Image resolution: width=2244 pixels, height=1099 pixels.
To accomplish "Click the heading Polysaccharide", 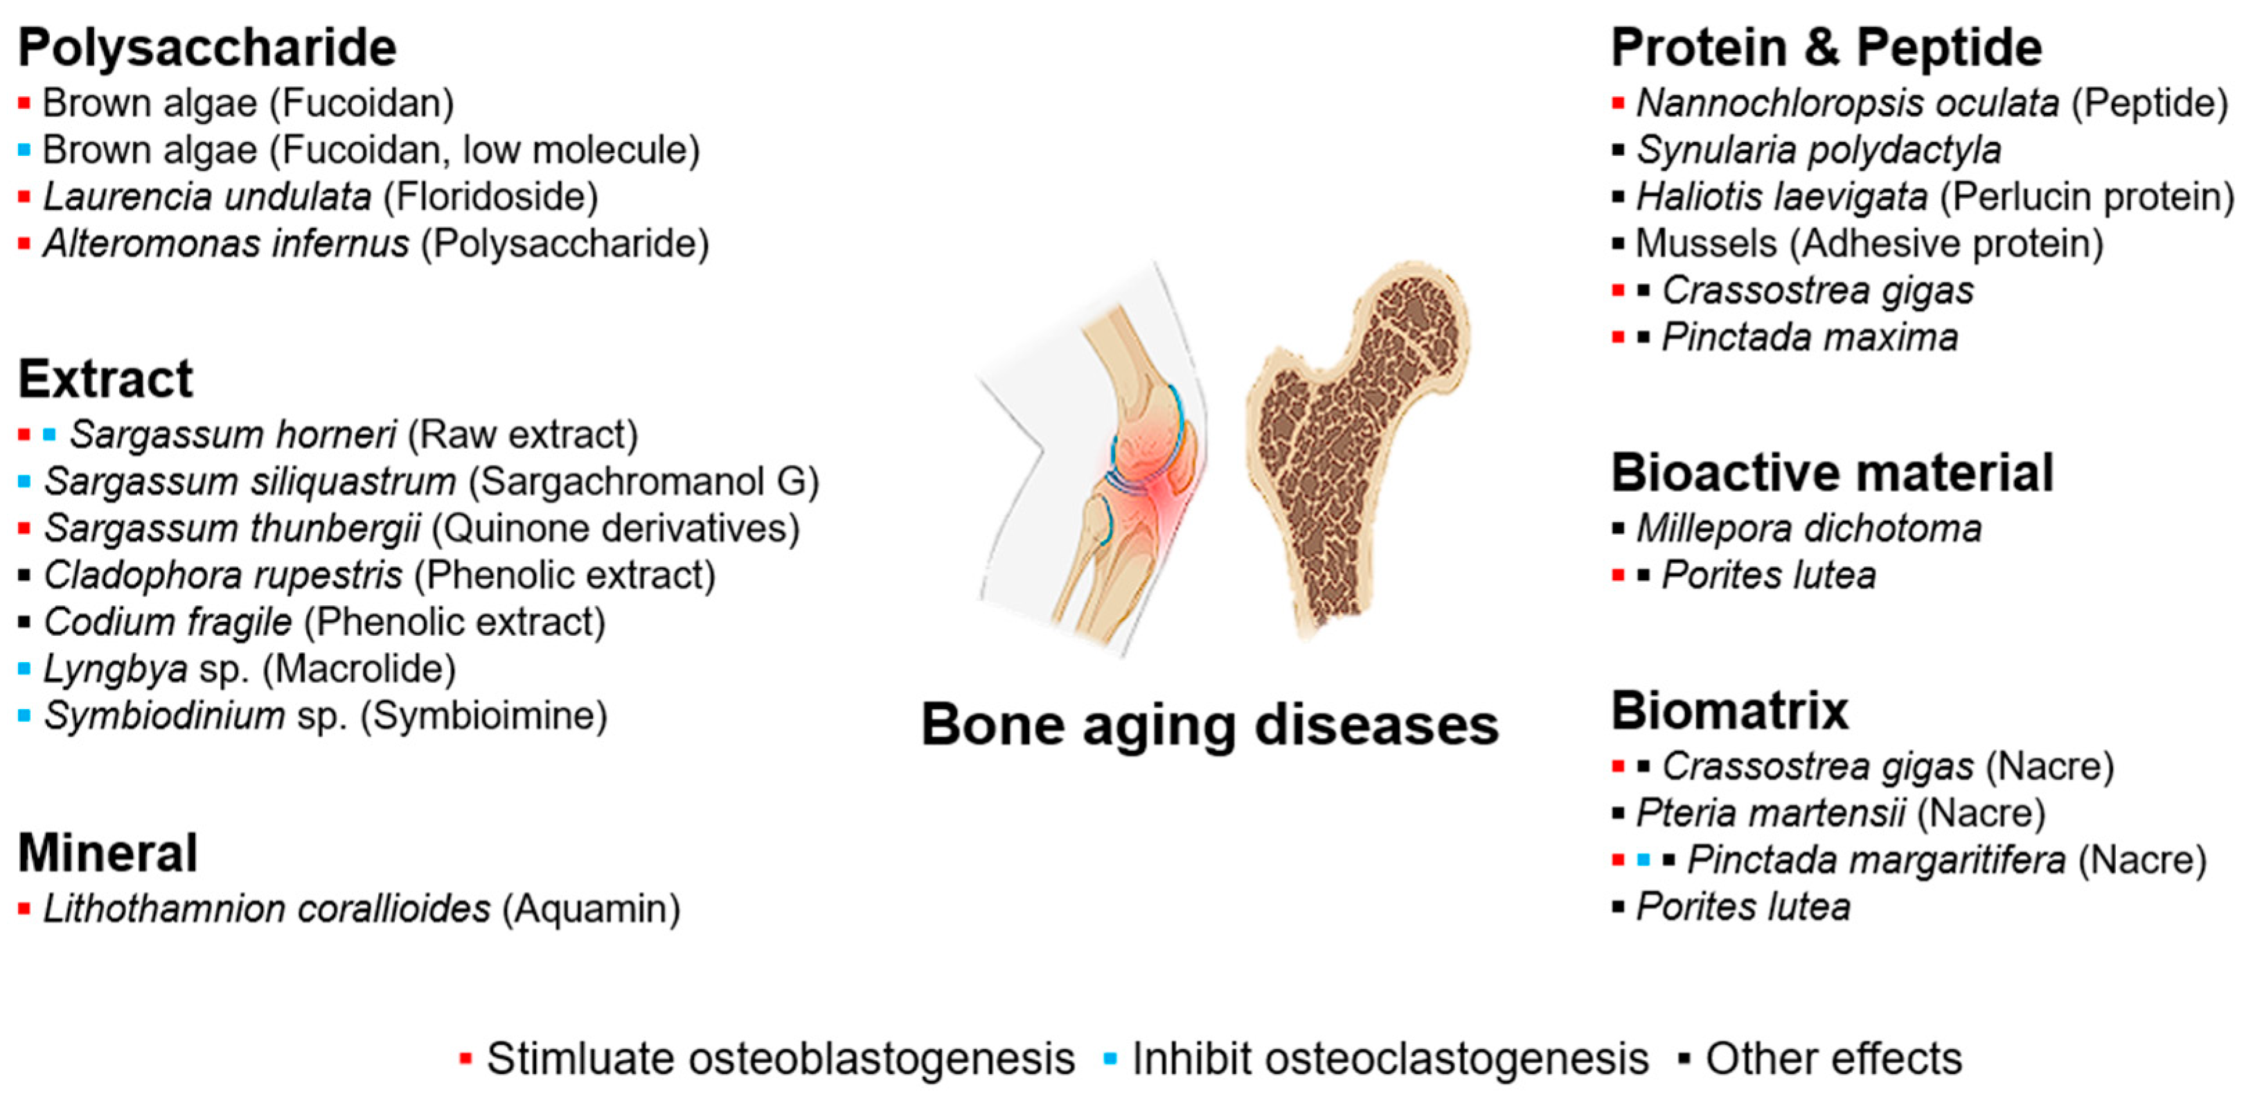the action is tap(207, 47).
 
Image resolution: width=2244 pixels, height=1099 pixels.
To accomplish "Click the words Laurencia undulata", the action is tap(207, 197).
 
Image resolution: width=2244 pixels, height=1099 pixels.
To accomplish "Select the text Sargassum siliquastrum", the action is tap(250, 481).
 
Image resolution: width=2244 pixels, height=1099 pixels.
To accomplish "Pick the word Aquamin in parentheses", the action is tap(591, 909).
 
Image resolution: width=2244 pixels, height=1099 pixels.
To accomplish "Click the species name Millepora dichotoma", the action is tap(1808, 528).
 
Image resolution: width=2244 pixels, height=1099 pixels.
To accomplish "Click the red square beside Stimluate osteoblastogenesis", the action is tap(466, 1060).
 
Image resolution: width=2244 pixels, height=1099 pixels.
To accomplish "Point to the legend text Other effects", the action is tap(1834, 1059).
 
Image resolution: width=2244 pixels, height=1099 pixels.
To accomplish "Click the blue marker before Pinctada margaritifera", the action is tap(1644, 860).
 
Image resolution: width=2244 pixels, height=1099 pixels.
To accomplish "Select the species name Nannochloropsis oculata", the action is tap(1848, 102).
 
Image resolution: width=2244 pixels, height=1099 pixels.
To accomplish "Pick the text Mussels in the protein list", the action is tap(1706, 244).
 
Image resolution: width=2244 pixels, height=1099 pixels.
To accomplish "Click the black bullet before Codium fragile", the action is tap(24, 623).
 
